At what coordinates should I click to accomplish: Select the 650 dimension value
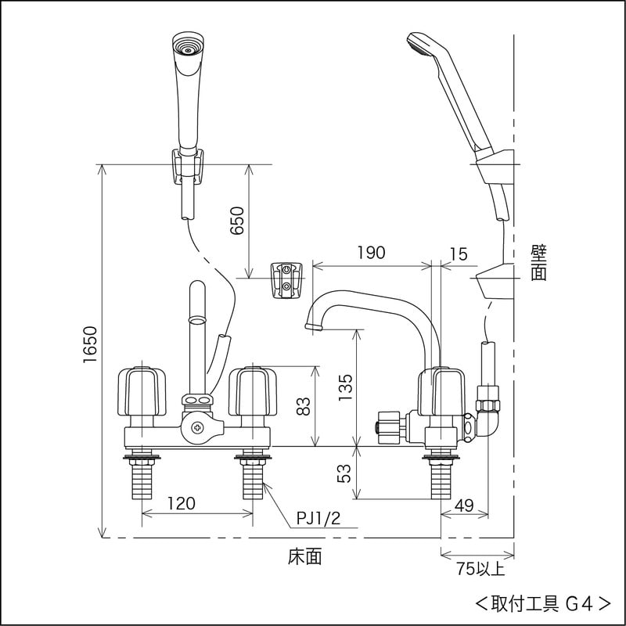[x=238, y=221]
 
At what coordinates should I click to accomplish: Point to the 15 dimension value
[x=459, y=253]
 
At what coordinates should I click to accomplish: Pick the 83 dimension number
[x=305, y=405]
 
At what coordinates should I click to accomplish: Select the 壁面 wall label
[x=538, y=263]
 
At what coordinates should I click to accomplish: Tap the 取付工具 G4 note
[x=543, y=603]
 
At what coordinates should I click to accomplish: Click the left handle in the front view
[x=142, y=391]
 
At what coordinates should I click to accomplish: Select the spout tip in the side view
[x=312, y=323]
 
